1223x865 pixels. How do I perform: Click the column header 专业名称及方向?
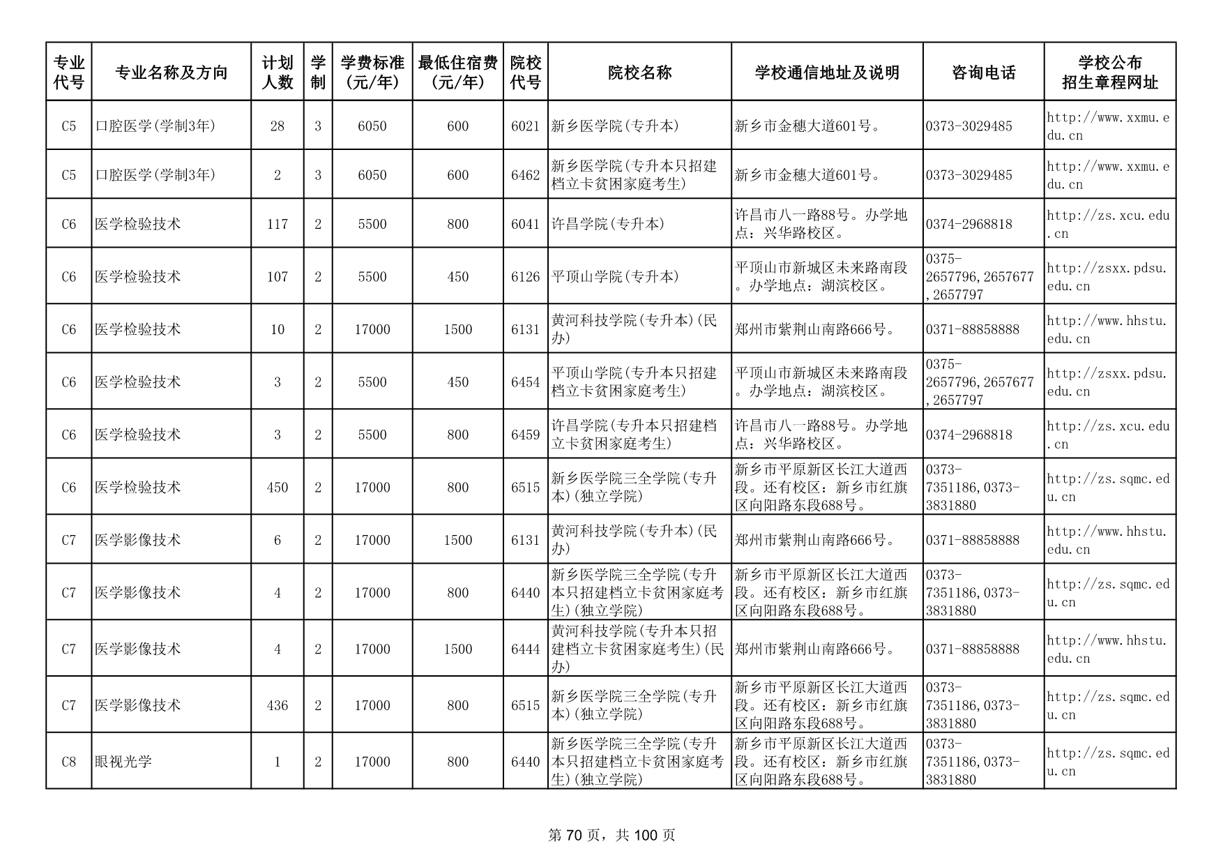click(x=171, y=72)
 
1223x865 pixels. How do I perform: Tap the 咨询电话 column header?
click(x=983, y=72)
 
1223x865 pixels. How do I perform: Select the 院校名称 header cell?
click(x=639, y=72)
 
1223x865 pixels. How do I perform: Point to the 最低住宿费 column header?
click(x=457, y=72)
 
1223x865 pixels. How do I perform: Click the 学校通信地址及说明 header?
click(x=827, y=72)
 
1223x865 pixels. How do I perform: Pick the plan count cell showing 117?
click(x=278, y=224)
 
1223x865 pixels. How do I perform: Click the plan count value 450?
click(x=278, y=488)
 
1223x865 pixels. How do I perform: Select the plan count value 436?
click(x=278, y=705)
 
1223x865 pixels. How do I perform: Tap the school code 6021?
click(x=525, y=126)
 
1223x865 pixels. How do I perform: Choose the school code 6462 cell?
click(x=525, y=175)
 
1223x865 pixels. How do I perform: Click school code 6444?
click(x=525, y=649)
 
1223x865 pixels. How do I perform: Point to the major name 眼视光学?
click(x=123, y=762)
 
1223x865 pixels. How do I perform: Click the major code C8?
click(x=68, y=762)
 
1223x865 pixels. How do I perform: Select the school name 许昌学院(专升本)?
click(x=608, y=224)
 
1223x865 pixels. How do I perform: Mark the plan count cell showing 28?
click(x=278, y=126)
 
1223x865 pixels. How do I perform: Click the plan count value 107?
click(x=278, y=277)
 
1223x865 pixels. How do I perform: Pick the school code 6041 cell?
click(x=525, y=224)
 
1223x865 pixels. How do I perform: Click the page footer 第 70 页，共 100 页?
click(x=611, y=835)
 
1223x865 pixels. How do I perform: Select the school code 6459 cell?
click(x=525, y=435)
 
